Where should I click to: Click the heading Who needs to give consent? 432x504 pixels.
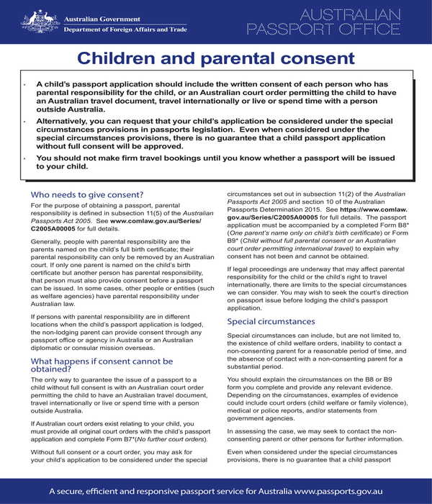(87, 194)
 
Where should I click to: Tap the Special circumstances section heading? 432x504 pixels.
(272, 321)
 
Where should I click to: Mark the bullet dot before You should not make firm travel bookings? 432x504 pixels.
(24, 157)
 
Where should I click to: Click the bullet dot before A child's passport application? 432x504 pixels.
(24, 84)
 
